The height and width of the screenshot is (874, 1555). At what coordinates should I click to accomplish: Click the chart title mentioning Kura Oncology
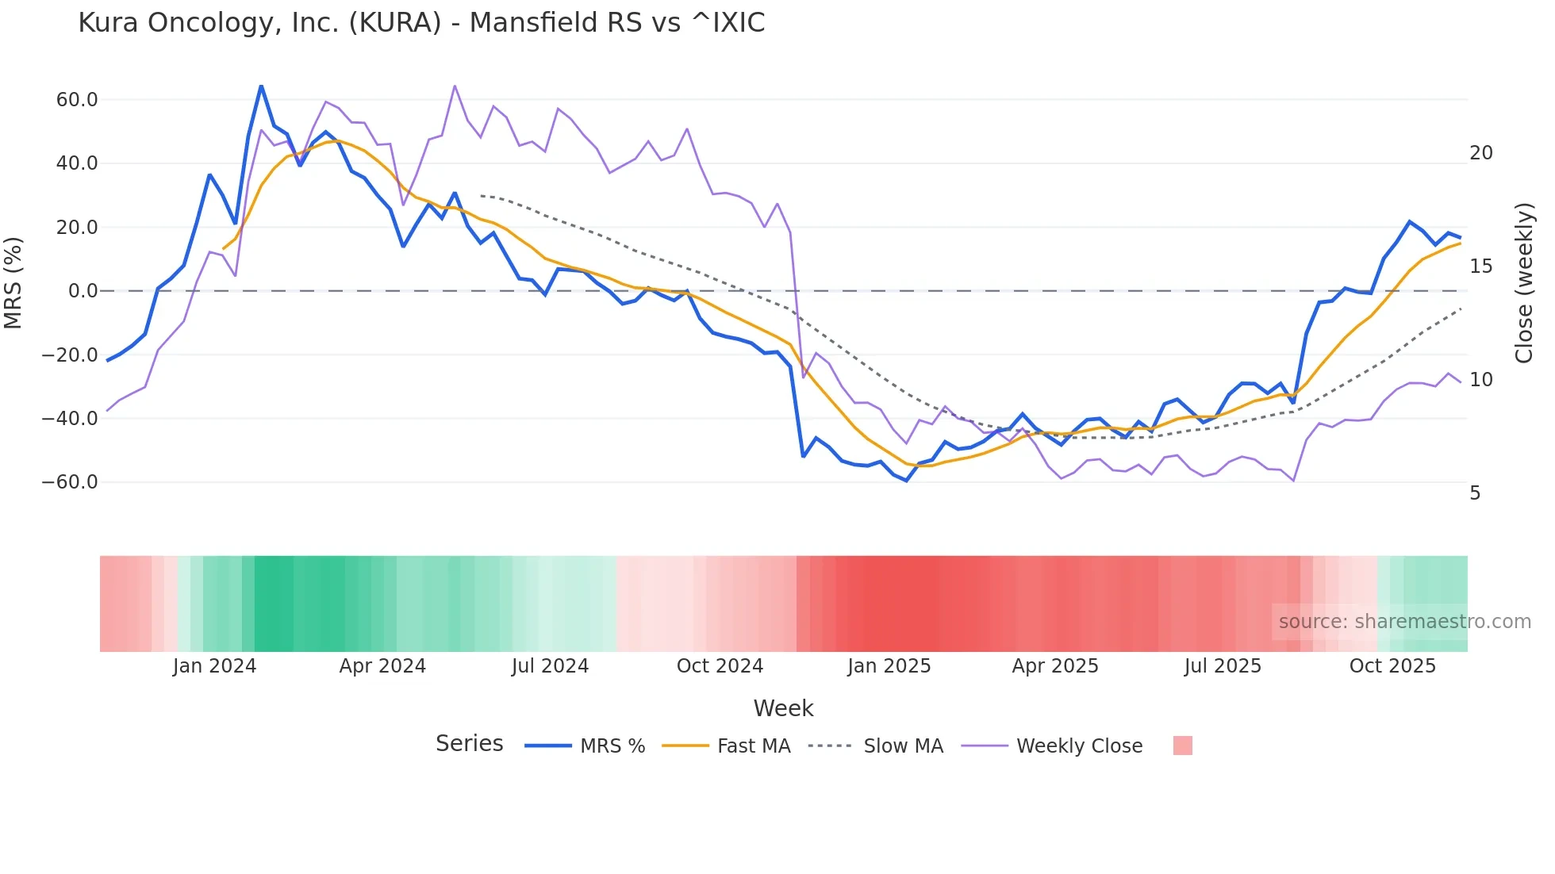(x=421, y=23)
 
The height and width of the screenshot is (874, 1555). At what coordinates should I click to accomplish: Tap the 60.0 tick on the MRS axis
(x=77, y=100)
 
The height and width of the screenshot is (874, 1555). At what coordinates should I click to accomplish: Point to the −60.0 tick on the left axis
(x=70, y=482)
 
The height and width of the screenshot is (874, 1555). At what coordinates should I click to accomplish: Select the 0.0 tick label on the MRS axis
(x=83, y=291)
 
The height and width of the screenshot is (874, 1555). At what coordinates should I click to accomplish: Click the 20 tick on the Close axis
(x=1480, y=153)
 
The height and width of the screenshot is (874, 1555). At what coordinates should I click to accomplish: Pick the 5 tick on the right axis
(x=1475, y=493)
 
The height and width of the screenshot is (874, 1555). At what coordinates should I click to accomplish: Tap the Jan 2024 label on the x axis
(x=214, y=666)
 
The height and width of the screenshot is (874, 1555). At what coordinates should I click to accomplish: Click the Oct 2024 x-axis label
(x=720, y=666)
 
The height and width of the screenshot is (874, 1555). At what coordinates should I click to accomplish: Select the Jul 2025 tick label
(x=1223, y=666)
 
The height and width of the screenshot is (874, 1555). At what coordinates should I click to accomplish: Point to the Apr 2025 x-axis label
(x=1055, y=666)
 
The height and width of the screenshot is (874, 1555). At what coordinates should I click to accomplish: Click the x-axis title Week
(x=783, y=708)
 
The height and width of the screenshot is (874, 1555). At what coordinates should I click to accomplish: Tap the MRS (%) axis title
(x=13, y=282)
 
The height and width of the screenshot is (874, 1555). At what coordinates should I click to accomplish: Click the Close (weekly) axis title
(x=1524, y=283)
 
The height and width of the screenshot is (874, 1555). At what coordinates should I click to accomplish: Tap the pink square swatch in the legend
(x=1182, y=746)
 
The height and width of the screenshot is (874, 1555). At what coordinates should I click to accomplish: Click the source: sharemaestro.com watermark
(x=1404, y=622)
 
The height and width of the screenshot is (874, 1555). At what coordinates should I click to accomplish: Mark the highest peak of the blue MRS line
(x=261, y=86)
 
